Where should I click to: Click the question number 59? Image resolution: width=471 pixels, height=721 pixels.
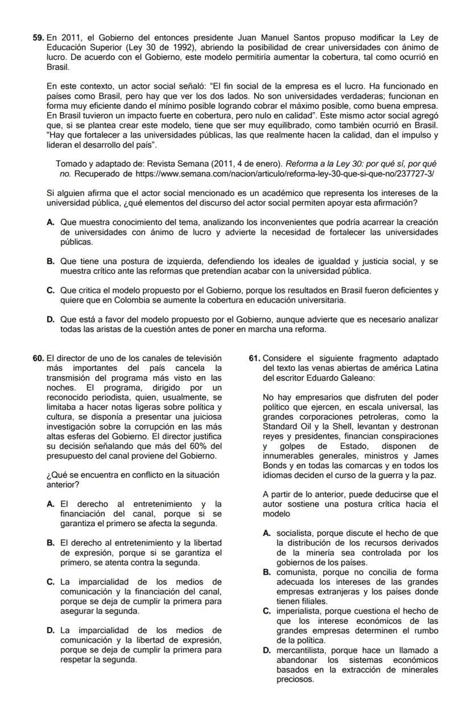[x=38, y=38]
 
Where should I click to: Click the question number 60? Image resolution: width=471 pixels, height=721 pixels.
[x=38, y=358]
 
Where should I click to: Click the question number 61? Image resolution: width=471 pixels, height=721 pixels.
[x=255, y=358]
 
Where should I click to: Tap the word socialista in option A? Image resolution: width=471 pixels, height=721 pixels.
[x=296, y=533]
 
